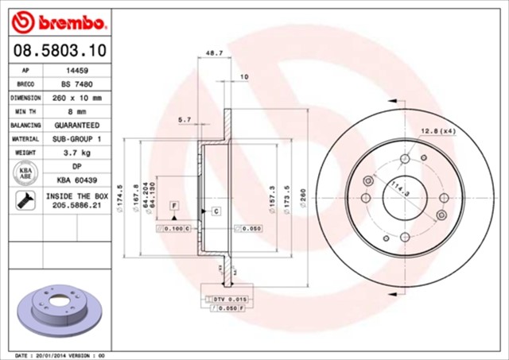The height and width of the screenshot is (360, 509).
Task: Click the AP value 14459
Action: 76,70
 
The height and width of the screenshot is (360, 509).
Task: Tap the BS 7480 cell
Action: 76,83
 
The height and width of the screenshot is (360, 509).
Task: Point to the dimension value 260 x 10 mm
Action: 76,98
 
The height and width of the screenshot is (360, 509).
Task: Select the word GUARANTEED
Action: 76,126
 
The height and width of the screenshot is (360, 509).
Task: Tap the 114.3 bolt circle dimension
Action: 395,189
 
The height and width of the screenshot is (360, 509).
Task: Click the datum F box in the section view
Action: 173,206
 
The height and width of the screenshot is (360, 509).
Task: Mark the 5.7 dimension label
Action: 185,119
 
